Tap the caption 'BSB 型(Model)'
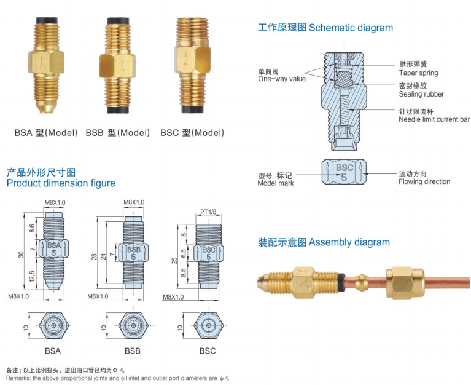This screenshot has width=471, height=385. [118, 133]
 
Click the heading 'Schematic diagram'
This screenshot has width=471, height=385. [351, 28]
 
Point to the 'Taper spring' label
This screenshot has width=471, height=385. [418, 73]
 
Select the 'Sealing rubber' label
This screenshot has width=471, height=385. [421, 94]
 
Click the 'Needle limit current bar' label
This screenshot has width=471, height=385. [434, 119]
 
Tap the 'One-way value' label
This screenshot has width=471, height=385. [281, 79]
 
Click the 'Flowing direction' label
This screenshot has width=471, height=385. [424, 181]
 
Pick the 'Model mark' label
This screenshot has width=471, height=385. [275, 183]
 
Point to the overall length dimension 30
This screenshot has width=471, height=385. [21, 254]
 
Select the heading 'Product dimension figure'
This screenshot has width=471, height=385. [60, 183]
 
